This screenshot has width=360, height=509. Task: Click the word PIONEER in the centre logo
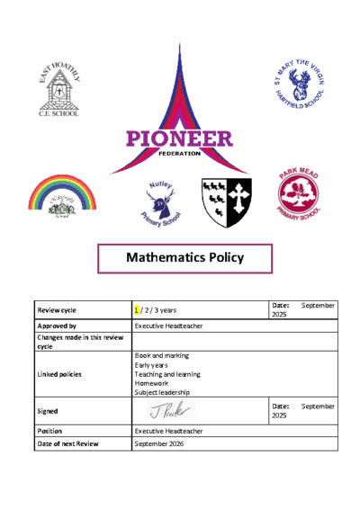178,139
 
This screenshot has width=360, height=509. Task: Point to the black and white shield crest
226,201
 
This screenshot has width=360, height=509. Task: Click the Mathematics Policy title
184,258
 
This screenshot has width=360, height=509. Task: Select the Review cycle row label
58,309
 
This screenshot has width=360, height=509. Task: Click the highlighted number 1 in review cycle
137,309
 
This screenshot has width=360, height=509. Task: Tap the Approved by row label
57,326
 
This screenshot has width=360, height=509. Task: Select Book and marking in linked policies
161,356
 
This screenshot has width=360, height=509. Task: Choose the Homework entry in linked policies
151,383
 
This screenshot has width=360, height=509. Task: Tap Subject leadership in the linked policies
163,392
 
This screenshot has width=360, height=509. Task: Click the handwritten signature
170,411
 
